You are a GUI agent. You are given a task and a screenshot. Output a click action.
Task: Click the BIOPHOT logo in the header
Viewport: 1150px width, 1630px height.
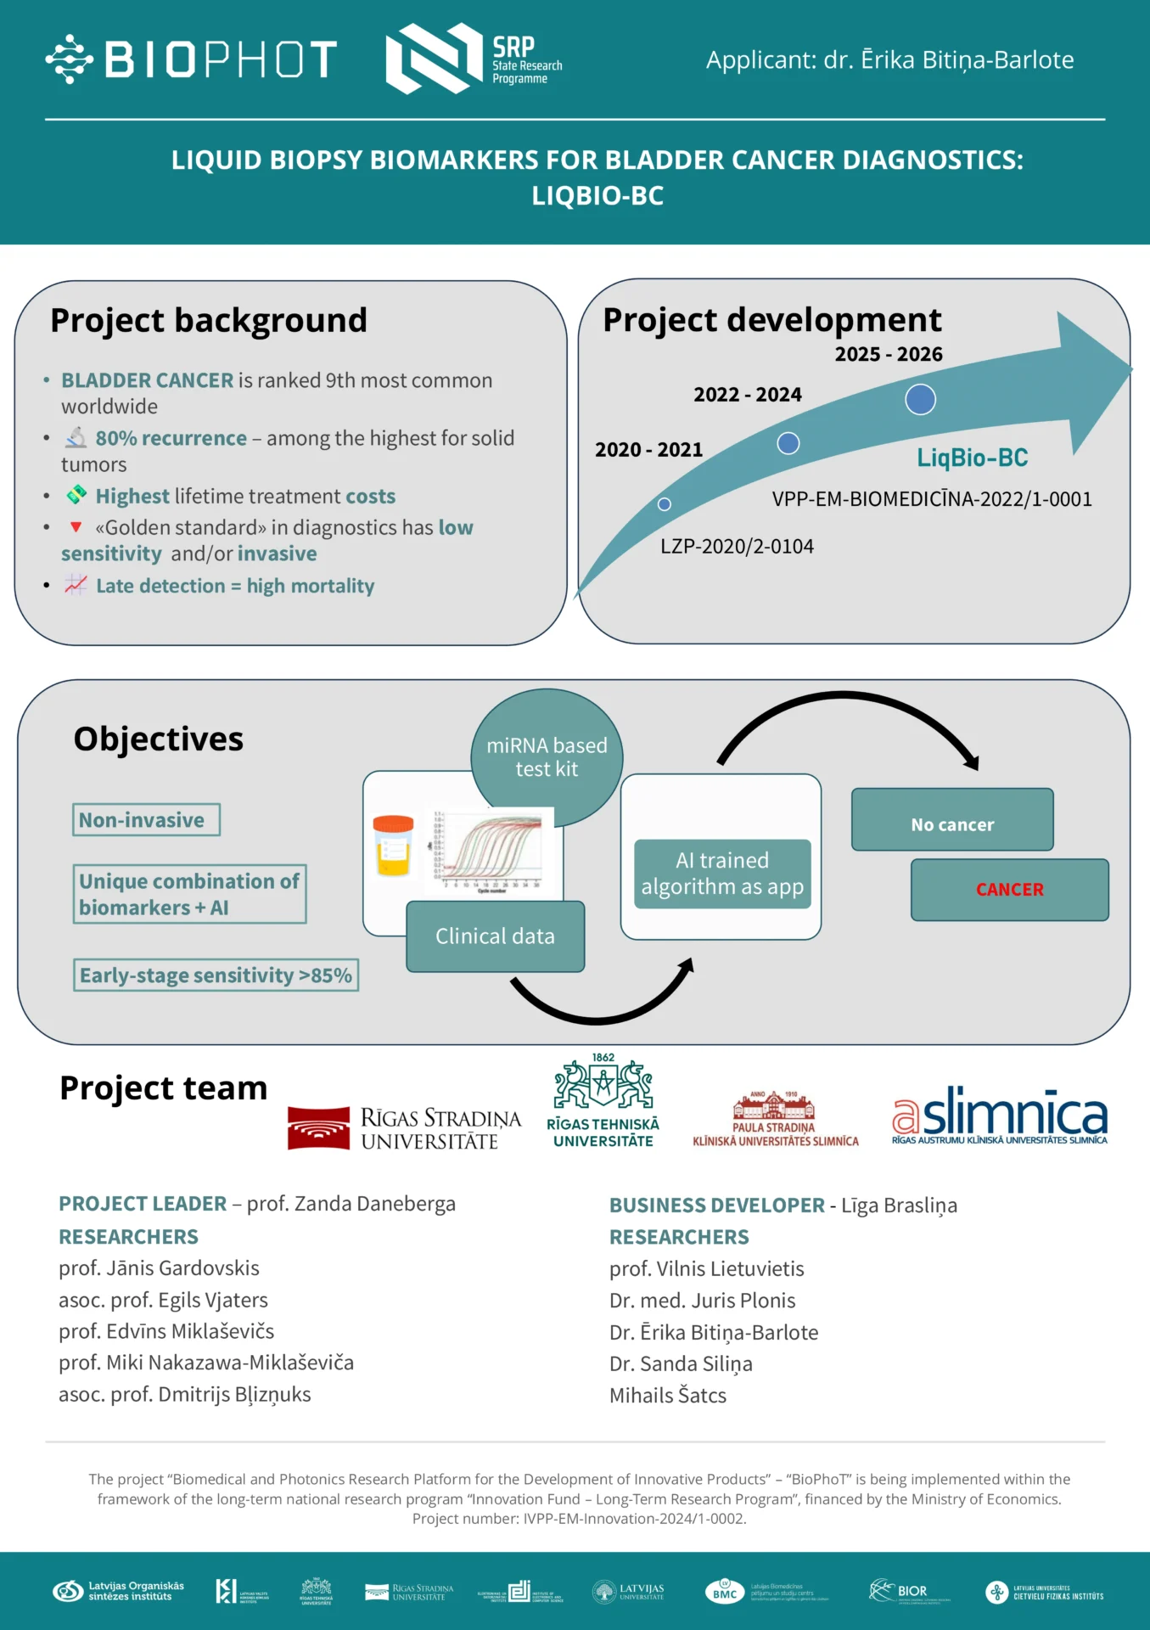[x=191, y=59]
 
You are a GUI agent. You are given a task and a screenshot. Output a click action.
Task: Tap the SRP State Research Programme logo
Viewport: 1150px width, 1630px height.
[x=474, y=59]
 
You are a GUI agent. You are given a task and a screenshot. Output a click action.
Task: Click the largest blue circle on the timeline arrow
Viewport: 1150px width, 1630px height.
[x=920, y=399]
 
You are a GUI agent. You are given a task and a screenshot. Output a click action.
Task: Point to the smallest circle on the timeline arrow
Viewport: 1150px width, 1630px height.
[x=665, y=504]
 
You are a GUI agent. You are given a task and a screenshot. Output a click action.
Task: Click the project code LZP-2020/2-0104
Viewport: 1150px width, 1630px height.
[x=737, y=547]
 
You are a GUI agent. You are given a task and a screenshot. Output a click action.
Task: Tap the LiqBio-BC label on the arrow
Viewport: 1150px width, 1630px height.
[x=972, y=458]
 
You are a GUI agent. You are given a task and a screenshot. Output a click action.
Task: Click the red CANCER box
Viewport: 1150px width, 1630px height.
[x=1009, y=890]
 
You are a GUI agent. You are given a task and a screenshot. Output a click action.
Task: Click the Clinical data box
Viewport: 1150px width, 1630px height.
[x=495, y=936]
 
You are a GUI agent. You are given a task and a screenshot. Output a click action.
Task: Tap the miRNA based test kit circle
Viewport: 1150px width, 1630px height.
[x=547, y=756]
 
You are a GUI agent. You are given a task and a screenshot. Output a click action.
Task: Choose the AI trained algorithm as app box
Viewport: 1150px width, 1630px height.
[x=722, y=874]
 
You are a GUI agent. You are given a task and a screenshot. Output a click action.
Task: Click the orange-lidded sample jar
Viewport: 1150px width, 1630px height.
[x=393, y=846]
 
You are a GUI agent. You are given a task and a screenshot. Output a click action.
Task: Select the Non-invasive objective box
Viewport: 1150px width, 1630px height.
[x=146, y=820]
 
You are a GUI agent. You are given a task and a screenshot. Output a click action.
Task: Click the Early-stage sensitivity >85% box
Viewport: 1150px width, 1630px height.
[x=216, y=975]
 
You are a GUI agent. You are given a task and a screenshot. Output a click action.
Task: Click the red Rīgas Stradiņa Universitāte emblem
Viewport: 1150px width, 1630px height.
[x=318, y=1127]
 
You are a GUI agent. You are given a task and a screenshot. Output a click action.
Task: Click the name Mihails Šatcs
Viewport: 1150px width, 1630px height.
[x=668, y=1396]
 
